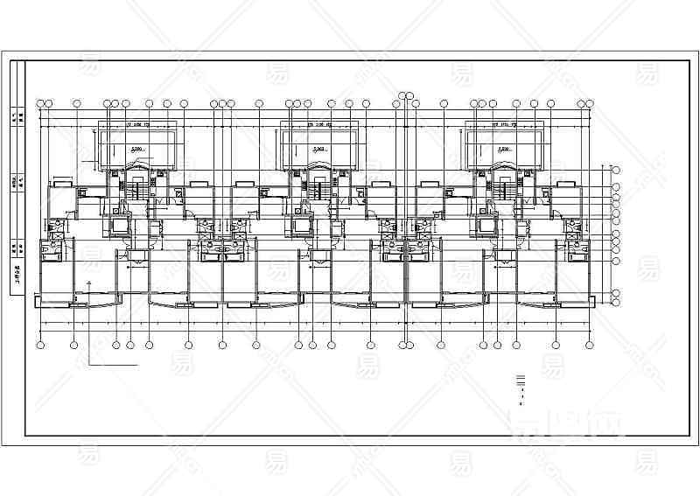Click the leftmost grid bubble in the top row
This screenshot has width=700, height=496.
pyautogui.click(x=41, y=104)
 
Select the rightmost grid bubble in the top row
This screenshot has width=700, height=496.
pyautogui.click(x=588, y=104)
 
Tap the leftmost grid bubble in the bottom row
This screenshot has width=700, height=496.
pyautogui.click(x=41, y=345)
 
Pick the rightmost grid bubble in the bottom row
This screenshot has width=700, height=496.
pyautogui.click(x=588, y=345)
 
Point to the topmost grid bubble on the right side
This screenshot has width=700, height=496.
pyautogui.click(x=615, y=170)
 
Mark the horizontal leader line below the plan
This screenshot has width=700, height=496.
pyautogui.click(x=114, y=362)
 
